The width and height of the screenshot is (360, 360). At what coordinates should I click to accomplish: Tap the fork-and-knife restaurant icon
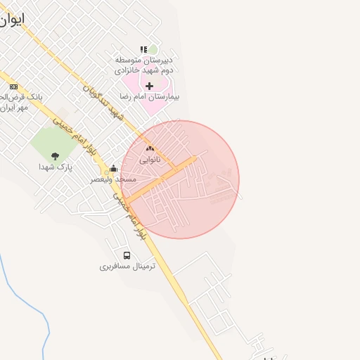[143, 49]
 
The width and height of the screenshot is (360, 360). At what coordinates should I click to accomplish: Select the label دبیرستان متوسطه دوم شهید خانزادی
[148, 65]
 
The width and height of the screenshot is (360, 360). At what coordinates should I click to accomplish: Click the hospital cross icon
[149, 86]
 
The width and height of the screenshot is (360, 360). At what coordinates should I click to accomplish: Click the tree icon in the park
[56, 156]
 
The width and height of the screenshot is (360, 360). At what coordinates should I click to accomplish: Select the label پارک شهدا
[56, 167]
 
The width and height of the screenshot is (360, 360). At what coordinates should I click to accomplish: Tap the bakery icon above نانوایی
[149, 148]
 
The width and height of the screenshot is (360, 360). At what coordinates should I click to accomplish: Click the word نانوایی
[149, 160]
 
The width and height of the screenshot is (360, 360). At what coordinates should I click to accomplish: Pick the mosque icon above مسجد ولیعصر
[113, 168]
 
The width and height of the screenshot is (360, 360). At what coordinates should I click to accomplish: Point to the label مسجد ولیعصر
[113, 179]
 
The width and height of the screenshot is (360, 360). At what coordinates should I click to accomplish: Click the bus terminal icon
[127, 255]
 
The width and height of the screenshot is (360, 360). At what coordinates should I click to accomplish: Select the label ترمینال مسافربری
[127, 266]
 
